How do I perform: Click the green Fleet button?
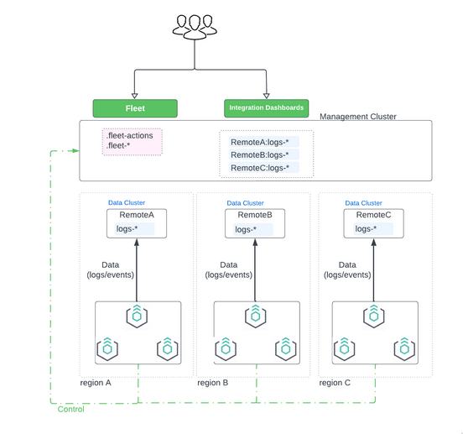point(135,108)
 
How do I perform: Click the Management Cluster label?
point(358,117)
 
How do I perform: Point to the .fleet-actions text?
point(129,135)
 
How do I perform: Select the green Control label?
point(70,409)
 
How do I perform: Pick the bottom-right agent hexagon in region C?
point(407,347)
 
